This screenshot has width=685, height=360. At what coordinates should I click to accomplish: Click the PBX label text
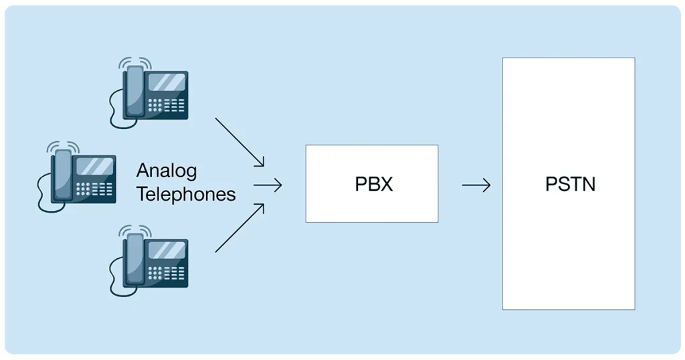(373, 184)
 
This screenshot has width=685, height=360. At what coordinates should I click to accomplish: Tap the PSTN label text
(570, 183)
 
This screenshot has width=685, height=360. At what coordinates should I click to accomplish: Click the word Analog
(167, 171)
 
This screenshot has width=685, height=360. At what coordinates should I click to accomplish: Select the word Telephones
(186, 194)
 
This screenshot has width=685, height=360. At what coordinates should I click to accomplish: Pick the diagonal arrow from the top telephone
(239, 142)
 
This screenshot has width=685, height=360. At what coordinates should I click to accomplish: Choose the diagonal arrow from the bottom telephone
(239, 229)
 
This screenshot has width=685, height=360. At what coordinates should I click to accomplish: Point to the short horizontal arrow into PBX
(268, 185)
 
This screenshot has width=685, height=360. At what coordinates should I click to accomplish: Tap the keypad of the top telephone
(167, 106)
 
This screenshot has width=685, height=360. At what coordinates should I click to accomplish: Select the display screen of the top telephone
(166, 82)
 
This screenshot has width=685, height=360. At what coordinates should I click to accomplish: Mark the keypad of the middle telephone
(94, 189)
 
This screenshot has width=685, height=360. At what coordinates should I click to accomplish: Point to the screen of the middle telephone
(94, 165)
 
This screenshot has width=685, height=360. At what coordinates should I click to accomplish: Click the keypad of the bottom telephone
(167, 274)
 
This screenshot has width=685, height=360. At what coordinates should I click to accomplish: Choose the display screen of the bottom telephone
(166, 250)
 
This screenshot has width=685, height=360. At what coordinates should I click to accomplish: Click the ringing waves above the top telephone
(135, 62)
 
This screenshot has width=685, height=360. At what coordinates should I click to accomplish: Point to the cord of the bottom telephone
(115, 278)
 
